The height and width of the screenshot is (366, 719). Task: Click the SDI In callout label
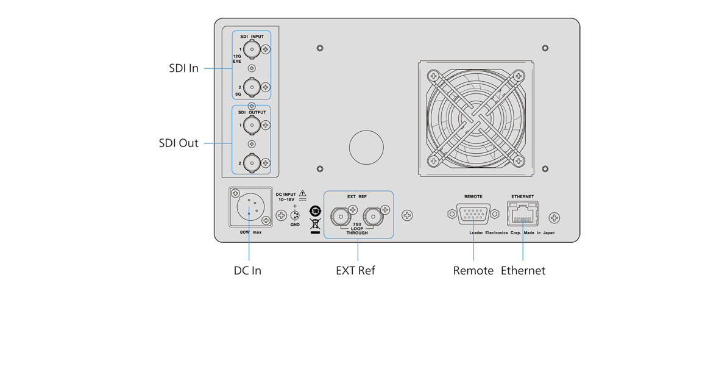(183, 68)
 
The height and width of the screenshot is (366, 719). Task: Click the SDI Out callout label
(179, 143)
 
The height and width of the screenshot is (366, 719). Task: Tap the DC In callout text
(247, 270)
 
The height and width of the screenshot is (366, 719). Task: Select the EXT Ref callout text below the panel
(355, 270)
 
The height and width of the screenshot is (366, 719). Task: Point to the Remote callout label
(473, 270)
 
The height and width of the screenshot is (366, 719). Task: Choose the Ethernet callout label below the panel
(523, 270)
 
